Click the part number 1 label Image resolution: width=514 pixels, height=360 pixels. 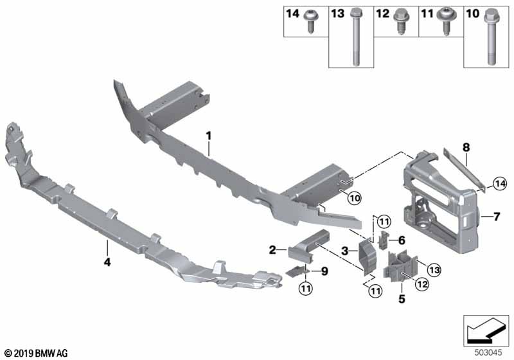pyautogui.click(x=208, y=136)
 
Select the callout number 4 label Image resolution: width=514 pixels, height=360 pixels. pyautogui.click(x=107, y=262)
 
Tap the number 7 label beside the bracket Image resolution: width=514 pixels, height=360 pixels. pyautogui.click(x=495, y=216)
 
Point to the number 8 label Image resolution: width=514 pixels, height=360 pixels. pyautogui.click(x=467, y=147)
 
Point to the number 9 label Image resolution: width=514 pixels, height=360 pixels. pyautogui.click(x=324, y=271)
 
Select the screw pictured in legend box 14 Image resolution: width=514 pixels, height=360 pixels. pyautogui.click(x=314, y=21)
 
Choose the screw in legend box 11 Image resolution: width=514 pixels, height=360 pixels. pyautogui.click(x=445, y=22)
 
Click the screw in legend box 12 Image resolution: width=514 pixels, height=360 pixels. pyautogui.click(x=403, y=21)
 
